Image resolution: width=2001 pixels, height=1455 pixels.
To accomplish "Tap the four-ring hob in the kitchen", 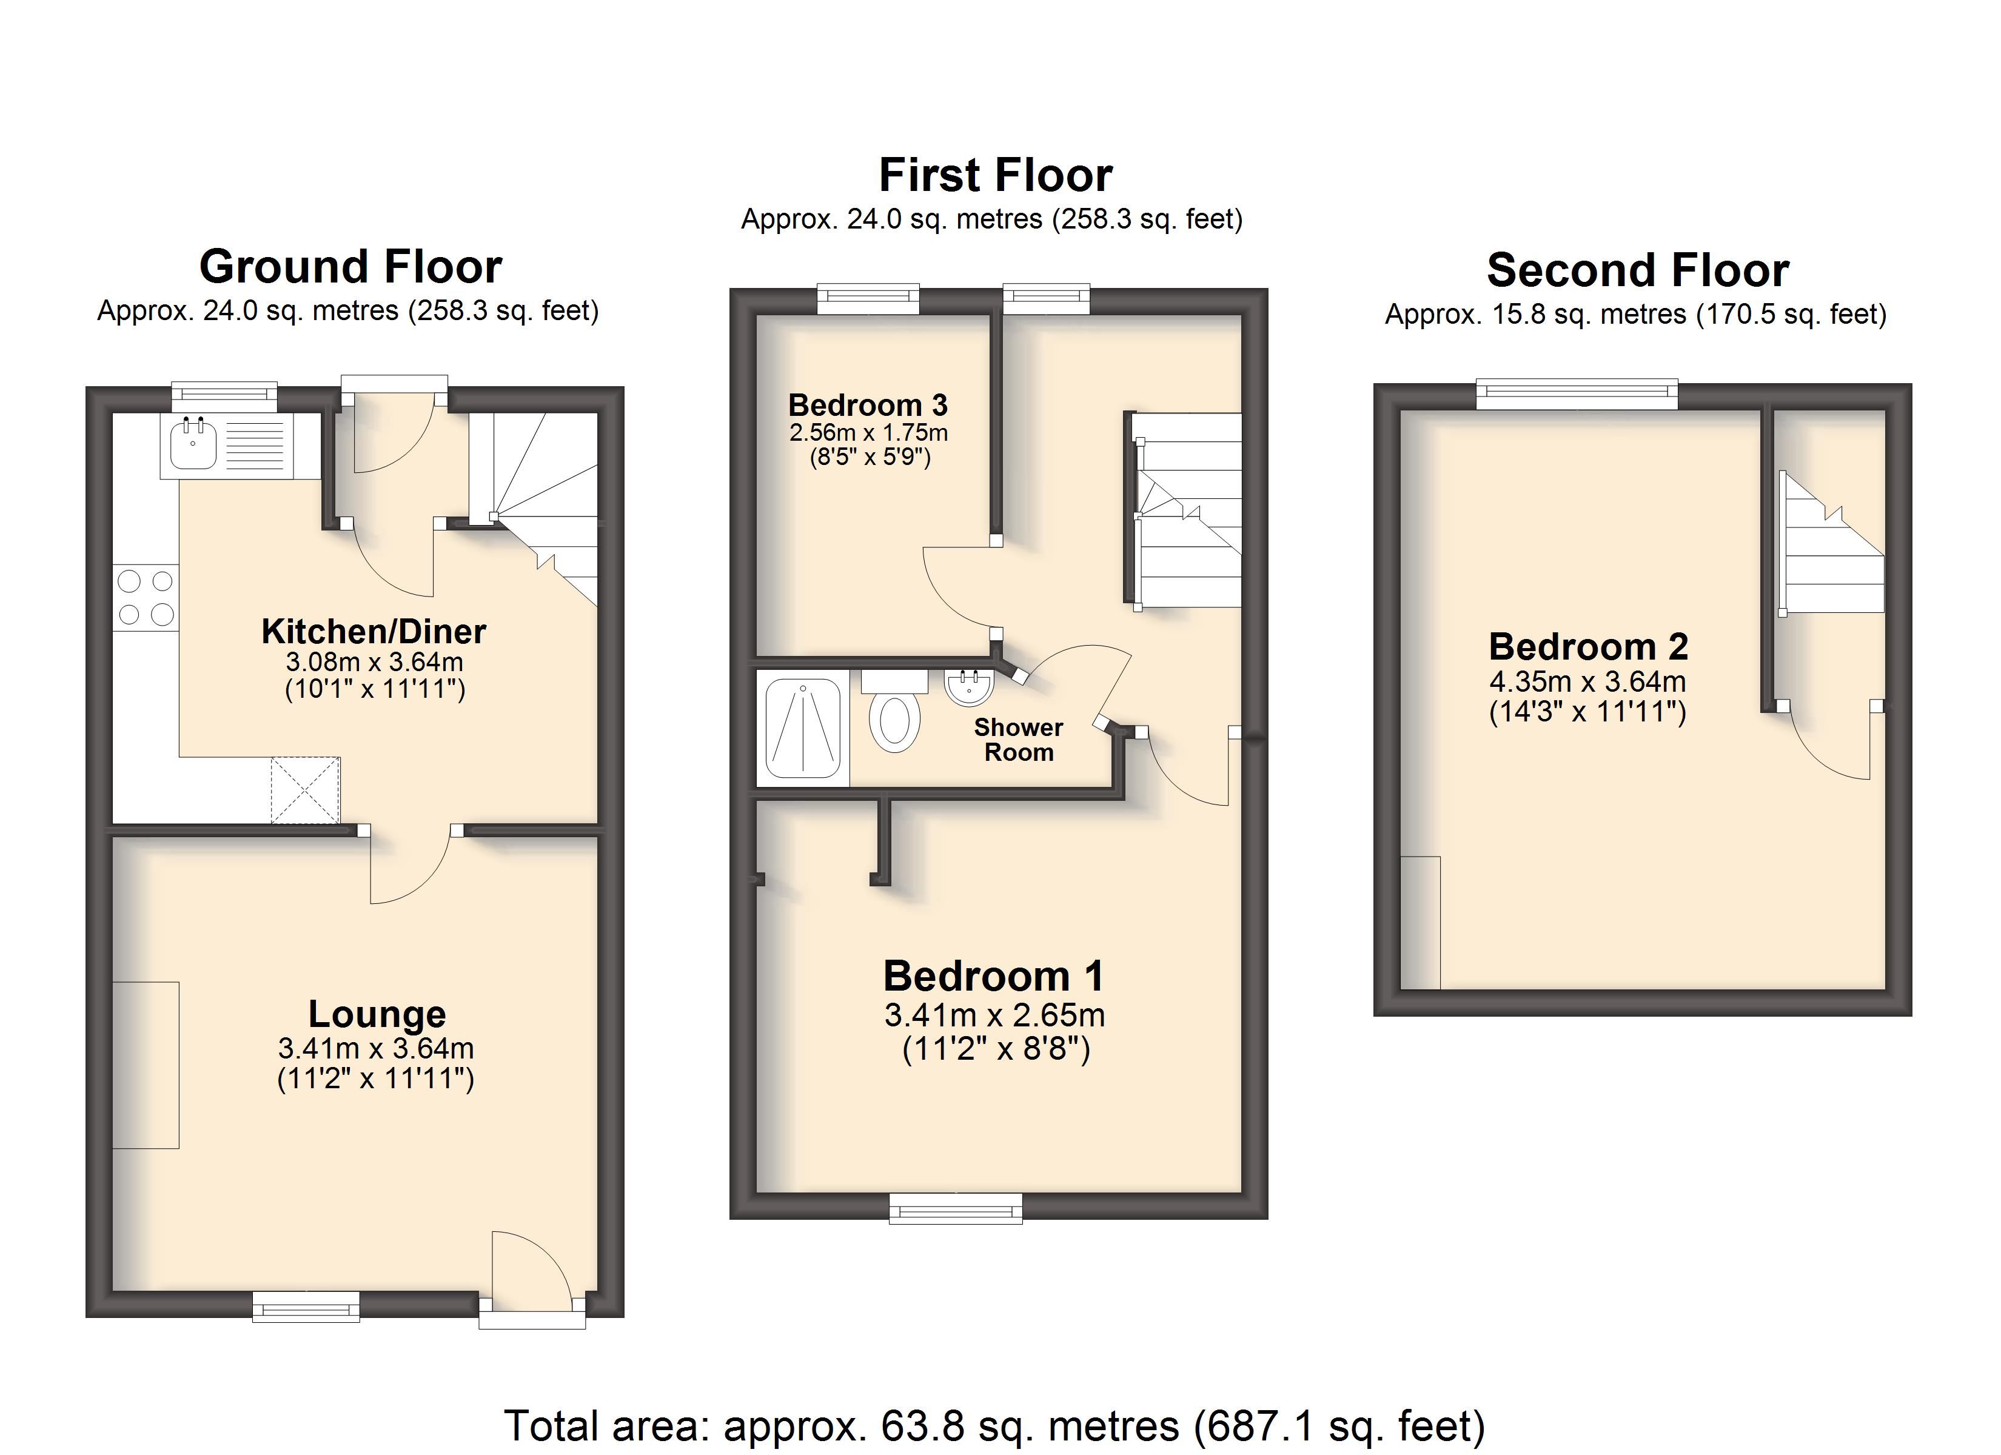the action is click(146, 597).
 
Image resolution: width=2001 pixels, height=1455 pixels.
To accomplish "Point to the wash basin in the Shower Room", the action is click(970, 686).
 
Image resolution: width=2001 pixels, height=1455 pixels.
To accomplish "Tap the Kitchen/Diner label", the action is click(374, 631).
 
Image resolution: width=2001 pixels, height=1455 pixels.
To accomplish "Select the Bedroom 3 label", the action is click(868, 405).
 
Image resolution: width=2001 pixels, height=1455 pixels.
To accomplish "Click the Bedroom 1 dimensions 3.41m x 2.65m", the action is click(994, 1015).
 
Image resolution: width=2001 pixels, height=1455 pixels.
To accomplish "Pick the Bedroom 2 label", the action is click(1588, 647).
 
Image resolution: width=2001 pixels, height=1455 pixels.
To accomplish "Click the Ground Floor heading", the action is click(350, 267).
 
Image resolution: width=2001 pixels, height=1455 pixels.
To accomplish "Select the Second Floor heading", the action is click(1638, 270).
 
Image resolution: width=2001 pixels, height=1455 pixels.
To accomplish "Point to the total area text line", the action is click(994, 1425).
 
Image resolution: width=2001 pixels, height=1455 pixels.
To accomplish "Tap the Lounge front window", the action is click(306, 1306).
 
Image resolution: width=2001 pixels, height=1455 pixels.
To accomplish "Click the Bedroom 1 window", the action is click(956, 1207).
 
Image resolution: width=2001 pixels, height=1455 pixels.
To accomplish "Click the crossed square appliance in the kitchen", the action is click(304, 791).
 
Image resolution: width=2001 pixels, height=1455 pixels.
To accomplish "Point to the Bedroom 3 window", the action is click(868, 299).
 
